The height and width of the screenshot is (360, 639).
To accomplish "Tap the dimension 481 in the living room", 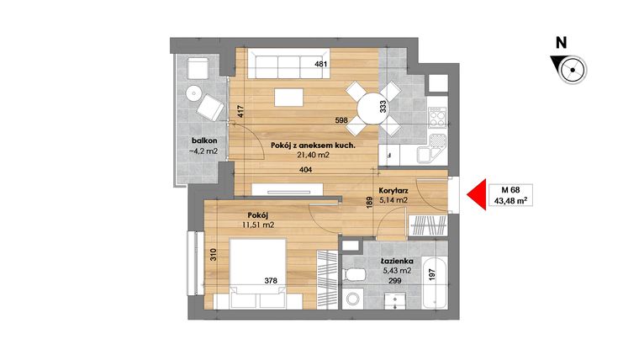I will (319, 65).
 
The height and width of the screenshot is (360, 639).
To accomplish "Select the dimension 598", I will (319, 119).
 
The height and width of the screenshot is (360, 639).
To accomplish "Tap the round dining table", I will (372, 106).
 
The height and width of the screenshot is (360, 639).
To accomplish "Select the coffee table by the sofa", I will (288, 96).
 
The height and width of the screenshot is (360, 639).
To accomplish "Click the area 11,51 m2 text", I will (257, 225).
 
